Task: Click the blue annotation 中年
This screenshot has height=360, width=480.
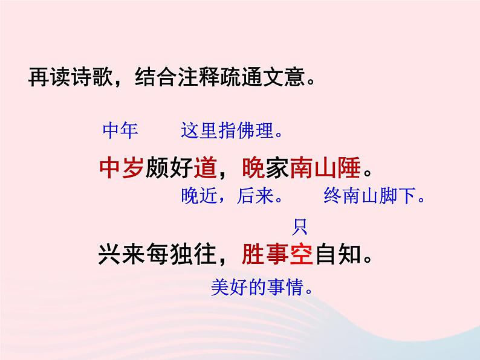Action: [x=120, y=130]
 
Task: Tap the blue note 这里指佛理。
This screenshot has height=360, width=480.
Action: [x=232, y=130]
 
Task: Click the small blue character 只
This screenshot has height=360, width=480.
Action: [x=300, y=228]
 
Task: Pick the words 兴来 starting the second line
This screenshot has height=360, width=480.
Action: [x=121, y=256]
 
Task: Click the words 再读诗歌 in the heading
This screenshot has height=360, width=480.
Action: [x=64, y=79]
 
